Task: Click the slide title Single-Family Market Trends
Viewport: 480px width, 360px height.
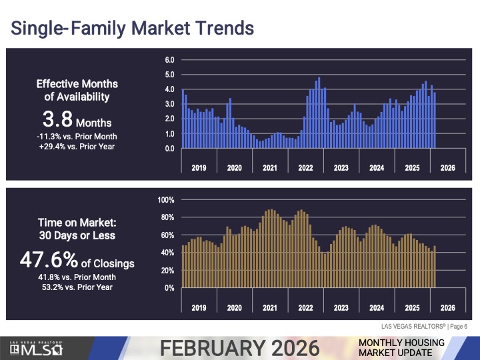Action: [132, 29]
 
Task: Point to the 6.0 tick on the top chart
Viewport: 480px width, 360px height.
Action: [170, 61]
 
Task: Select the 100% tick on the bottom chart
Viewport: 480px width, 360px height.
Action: [167, 200]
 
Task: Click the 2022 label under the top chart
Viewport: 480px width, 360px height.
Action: [305, 168]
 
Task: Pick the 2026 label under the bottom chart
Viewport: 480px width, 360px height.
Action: [448, 308]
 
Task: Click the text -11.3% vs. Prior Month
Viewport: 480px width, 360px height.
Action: [77, 136]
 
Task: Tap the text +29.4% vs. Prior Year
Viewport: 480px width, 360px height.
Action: [77, 146]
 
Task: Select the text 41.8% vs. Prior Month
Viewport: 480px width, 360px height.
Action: [77, 277]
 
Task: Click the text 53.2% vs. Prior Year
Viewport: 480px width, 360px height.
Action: [77, 287]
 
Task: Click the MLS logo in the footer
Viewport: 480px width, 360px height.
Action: [37, 348]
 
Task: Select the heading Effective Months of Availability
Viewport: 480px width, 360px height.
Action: [77, 90]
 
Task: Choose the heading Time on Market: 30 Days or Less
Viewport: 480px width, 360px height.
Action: [77, 229]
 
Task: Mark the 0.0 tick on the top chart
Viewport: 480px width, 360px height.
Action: [170, 149]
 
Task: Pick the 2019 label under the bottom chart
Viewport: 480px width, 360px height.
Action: [199, 308]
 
